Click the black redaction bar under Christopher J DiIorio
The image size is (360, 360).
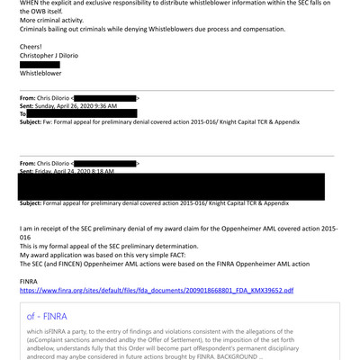pyautogui.click(x=40, y=65)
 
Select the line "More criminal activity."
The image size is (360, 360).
pyautogui.click(x=57, y=18)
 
